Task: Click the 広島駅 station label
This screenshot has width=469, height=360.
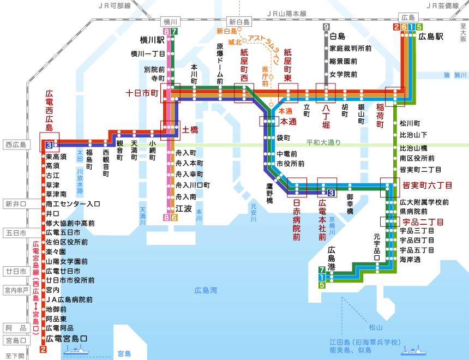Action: (431, 38)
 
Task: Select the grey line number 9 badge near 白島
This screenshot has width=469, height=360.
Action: (326, 27)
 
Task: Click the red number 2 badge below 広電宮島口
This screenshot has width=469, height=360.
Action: (43, 350)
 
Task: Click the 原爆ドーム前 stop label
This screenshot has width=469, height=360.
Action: (220, 63)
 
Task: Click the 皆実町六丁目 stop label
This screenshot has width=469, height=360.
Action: (427, 185)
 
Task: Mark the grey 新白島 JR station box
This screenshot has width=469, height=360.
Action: (239, 22)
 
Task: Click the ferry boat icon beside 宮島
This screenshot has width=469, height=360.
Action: (81, 351)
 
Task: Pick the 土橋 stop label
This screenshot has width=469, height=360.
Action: (190, 130)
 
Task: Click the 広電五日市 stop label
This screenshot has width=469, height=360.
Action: (63, 233)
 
